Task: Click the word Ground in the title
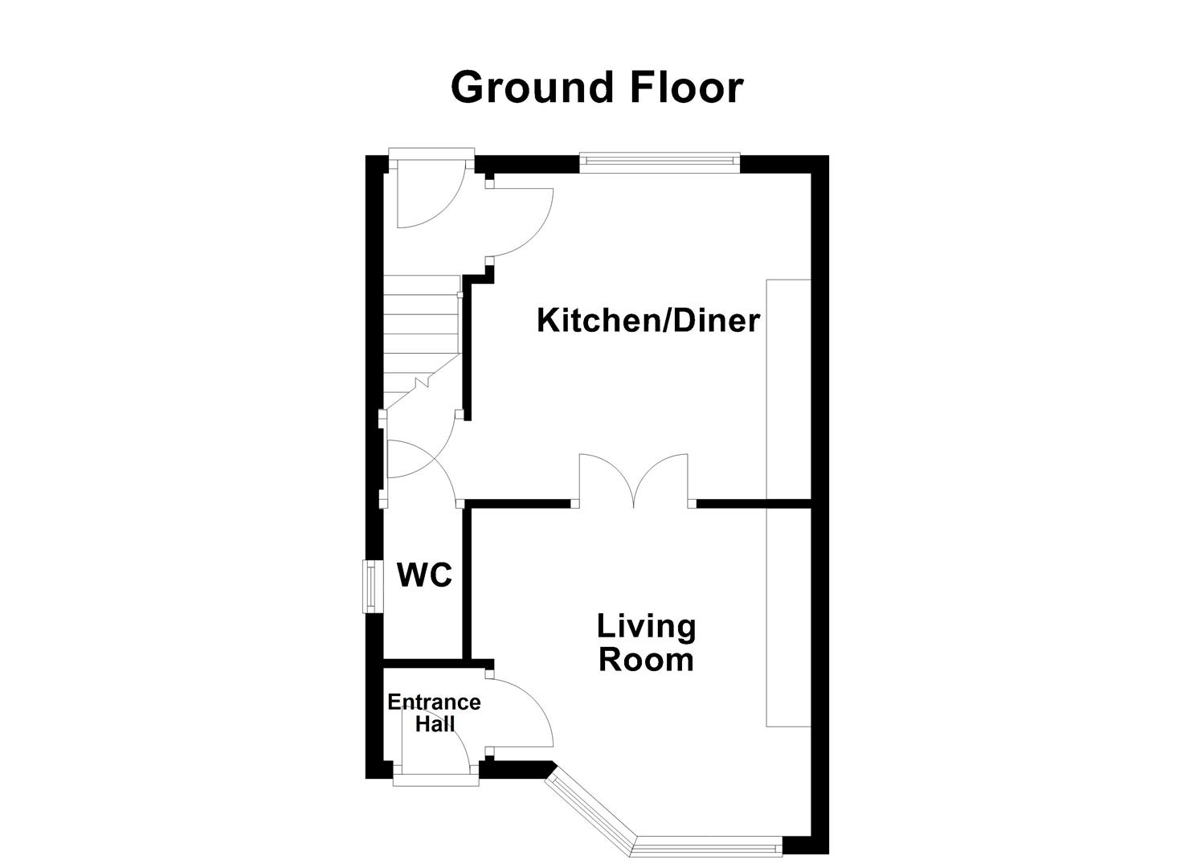coord(533,88)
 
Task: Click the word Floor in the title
coord(687,88)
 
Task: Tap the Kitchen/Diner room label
coord(648,321)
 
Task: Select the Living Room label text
coord(646,643)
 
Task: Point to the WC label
coord(424,575)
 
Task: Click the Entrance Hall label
coord(434,713)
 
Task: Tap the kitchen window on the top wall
coord(659,163)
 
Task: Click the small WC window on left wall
coord(370,585)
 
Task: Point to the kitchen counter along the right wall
coord(788,390)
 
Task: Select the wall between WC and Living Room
coord(466,583)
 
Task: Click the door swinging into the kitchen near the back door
coord(522,221)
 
